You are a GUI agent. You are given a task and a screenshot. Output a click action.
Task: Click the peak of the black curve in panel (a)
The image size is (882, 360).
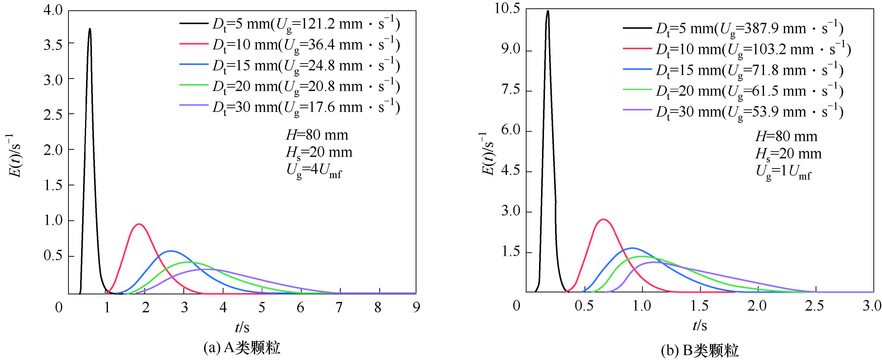[x=90, y=29]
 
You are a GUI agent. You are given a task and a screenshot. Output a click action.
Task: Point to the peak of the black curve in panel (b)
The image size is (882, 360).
[x=548, y=11]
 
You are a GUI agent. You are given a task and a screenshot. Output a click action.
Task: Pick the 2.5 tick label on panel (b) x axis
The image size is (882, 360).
[x=815, y=306]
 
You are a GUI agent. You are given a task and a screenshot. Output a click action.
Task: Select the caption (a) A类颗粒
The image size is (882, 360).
[x=242, y=348]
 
